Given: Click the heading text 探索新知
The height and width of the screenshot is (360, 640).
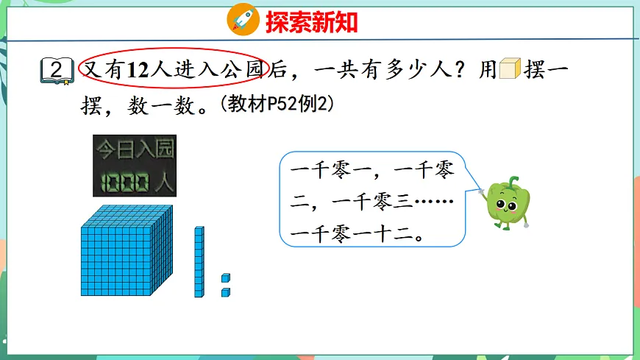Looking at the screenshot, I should point(312,22).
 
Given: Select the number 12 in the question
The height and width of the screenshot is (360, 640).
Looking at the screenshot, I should point(138,70).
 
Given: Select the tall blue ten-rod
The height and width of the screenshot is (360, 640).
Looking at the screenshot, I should point(199,261).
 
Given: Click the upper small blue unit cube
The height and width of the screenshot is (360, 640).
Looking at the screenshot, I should point(226,278).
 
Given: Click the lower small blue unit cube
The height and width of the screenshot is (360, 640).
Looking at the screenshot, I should point(226,292).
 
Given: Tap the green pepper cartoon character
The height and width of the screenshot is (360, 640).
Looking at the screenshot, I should point(508,202).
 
